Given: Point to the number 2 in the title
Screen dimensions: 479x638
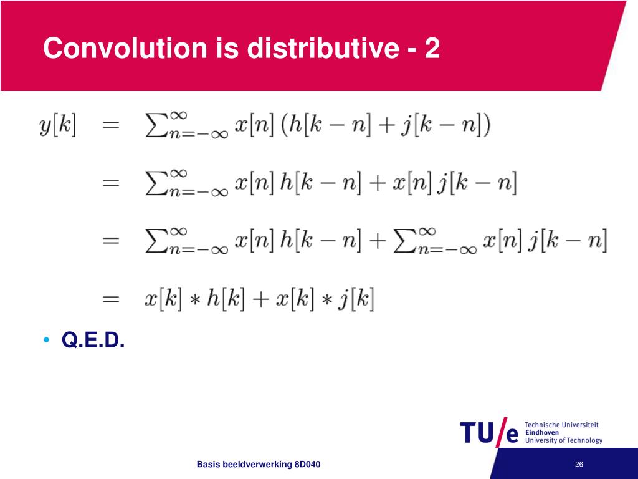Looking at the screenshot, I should pyautogui.click(x=432, y=48).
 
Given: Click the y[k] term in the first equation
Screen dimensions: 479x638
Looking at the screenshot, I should pyautogui.click(x=57, y=125).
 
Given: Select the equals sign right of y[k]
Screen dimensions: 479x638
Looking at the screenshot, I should pyautogui.click(x=111, y=126).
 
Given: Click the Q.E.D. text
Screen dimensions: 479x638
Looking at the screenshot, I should pyautogui.click(x=93, y=341).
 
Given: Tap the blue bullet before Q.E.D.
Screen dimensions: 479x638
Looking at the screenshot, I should pyautogui.click(x=46, y=341).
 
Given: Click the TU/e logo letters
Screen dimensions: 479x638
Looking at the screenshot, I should pyautogui.click(x=490, y=432).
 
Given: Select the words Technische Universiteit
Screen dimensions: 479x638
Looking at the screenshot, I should pyautogui.click(x=561, y=425).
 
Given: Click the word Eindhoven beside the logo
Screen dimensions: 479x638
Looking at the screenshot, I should pyautogui.click(x=542, y=432).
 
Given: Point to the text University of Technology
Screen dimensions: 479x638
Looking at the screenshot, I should pyautogui.click(x=564, y=440).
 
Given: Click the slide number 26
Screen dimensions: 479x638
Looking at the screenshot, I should pyautogui.click(x=579, y=464).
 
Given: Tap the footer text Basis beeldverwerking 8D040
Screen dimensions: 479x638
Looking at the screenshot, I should pyautogui.click(x=259, y=464).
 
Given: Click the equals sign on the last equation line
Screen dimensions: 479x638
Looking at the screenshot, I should pyautogui.click(x=111, y=299).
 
